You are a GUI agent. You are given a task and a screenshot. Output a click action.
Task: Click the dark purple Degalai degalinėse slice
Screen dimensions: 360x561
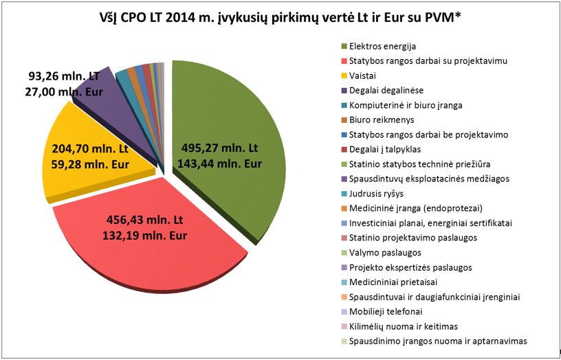[x=96, y=93]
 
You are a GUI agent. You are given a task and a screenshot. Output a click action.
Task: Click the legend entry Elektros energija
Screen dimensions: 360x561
[x=382, y=46]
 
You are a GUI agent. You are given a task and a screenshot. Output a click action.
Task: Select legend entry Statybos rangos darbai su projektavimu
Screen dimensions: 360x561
[x=428, y=61]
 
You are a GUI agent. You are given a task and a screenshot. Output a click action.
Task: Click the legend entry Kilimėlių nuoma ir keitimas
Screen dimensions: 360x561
[x=403, y=326]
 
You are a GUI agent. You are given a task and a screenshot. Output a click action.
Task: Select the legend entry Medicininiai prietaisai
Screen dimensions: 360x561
[x=391, y=282]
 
